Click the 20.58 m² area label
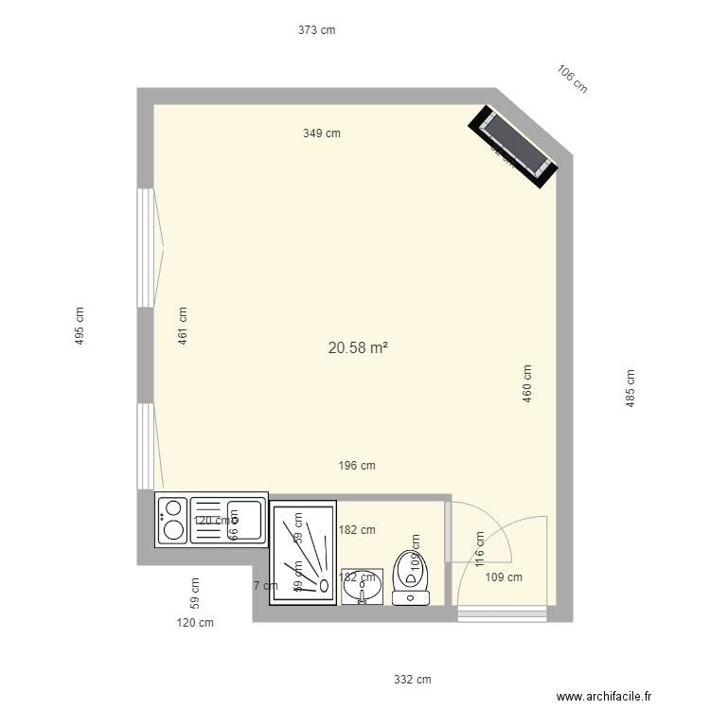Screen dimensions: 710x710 point(358,348)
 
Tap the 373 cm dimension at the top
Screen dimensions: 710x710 point(316,30)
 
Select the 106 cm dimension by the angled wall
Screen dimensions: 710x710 point(572,79)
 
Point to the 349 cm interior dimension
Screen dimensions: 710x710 point(322,133)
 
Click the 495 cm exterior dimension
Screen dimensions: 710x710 point(80,325)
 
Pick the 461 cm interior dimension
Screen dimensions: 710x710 point(182,325)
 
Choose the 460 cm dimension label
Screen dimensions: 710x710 point(526,383)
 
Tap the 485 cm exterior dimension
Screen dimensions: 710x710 point(630,388)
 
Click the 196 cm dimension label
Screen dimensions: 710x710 point(357,465)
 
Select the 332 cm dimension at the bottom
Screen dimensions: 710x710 point(413,679)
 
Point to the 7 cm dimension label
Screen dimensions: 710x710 point(265,585)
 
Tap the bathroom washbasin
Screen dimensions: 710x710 point(361,587)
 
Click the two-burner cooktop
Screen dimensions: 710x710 point(172,520)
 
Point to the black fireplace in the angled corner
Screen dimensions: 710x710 point(515,143)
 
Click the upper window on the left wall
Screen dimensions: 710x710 point(146,247)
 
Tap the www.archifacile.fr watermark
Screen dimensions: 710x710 point(605,697)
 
